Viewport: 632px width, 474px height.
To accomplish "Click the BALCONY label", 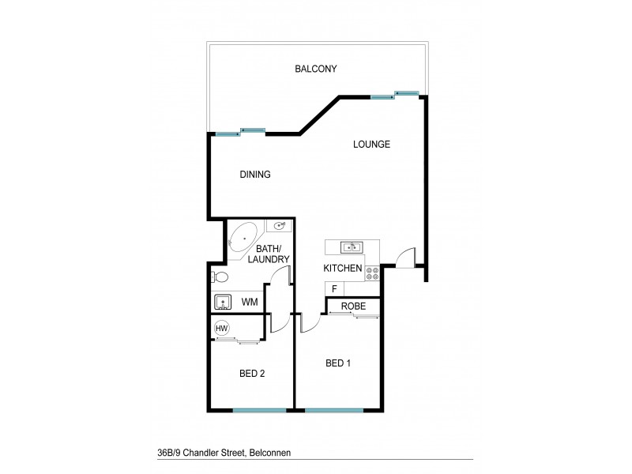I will click(x=316, y=69).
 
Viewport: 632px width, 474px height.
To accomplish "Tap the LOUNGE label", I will click(x=371, y=145).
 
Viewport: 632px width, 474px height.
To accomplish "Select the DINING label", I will click(x=255, y=175).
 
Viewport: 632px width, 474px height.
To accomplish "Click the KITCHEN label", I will click(x=343, y=269).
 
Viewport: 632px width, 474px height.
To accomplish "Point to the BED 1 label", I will click(x=338, y=363).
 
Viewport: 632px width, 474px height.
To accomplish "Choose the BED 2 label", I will click(x=251, y=373).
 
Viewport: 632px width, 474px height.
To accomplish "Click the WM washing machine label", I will click(x=250, y=302).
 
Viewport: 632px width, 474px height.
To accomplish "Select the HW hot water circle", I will click(x=222, y=328).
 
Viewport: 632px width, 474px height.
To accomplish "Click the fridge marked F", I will click(x=335, y=288).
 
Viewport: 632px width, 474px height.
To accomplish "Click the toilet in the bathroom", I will click(x=220, y=277).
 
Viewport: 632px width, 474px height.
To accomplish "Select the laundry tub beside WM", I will click(x=224, y=302).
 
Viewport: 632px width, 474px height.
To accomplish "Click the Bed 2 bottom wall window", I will click(x=259, y=410).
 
